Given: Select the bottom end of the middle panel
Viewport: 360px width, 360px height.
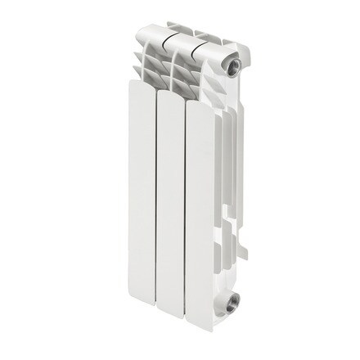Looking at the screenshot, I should click(173, 318).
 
